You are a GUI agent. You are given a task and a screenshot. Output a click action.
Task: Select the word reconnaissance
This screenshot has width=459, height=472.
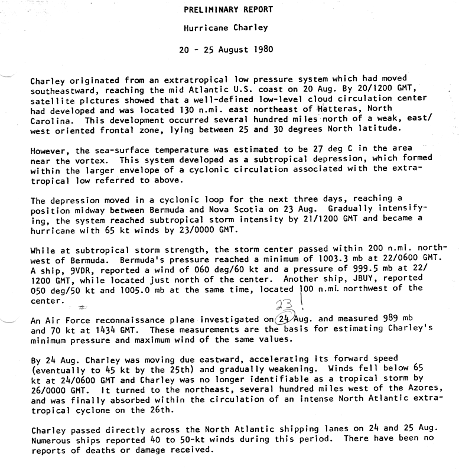click(x=122, y=320)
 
